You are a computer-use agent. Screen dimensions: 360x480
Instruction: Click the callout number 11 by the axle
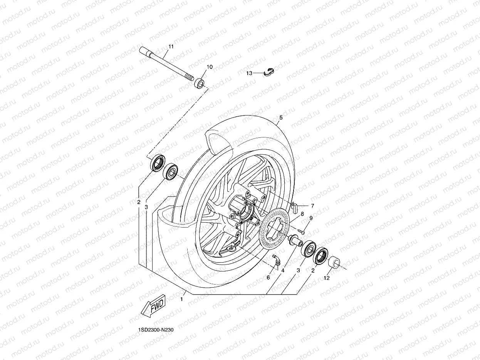tap(171, 47)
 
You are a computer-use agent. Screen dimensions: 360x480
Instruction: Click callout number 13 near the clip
tap(260, 73)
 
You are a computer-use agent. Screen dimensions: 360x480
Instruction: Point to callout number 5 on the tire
tap(281, 117)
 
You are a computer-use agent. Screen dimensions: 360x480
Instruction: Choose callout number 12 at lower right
tap(327, 278)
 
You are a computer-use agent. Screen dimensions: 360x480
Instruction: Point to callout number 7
tap(312, 206)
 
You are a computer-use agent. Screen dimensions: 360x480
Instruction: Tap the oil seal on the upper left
tap(158, 162)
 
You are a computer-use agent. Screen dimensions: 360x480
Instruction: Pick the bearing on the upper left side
tap(170, 171)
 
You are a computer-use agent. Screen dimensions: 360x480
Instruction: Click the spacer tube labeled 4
tap(295, 241)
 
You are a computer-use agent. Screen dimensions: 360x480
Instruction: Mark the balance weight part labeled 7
tap(295, 207)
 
